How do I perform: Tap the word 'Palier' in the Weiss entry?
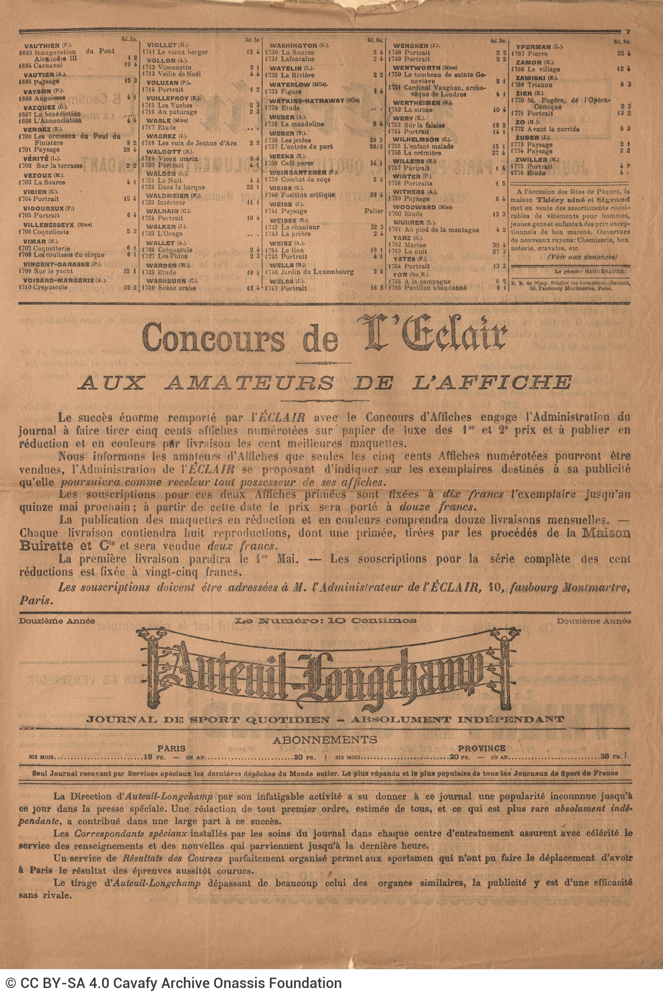[374, 211]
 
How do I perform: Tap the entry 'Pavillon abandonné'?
[436, 288]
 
